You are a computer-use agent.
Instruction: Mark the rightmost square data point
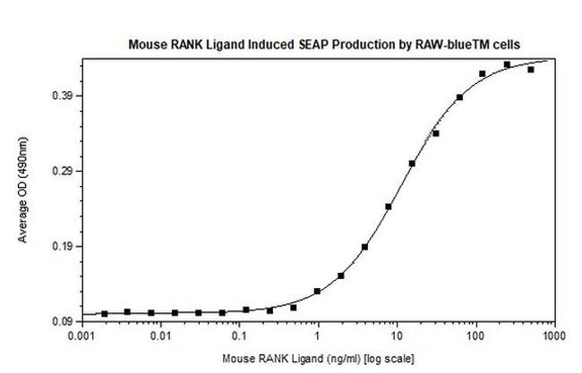[531, 69]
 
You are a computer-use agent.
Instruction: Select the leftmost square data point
[105, 313]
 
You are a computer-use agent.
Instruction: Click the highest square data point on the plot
[507, 64]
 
